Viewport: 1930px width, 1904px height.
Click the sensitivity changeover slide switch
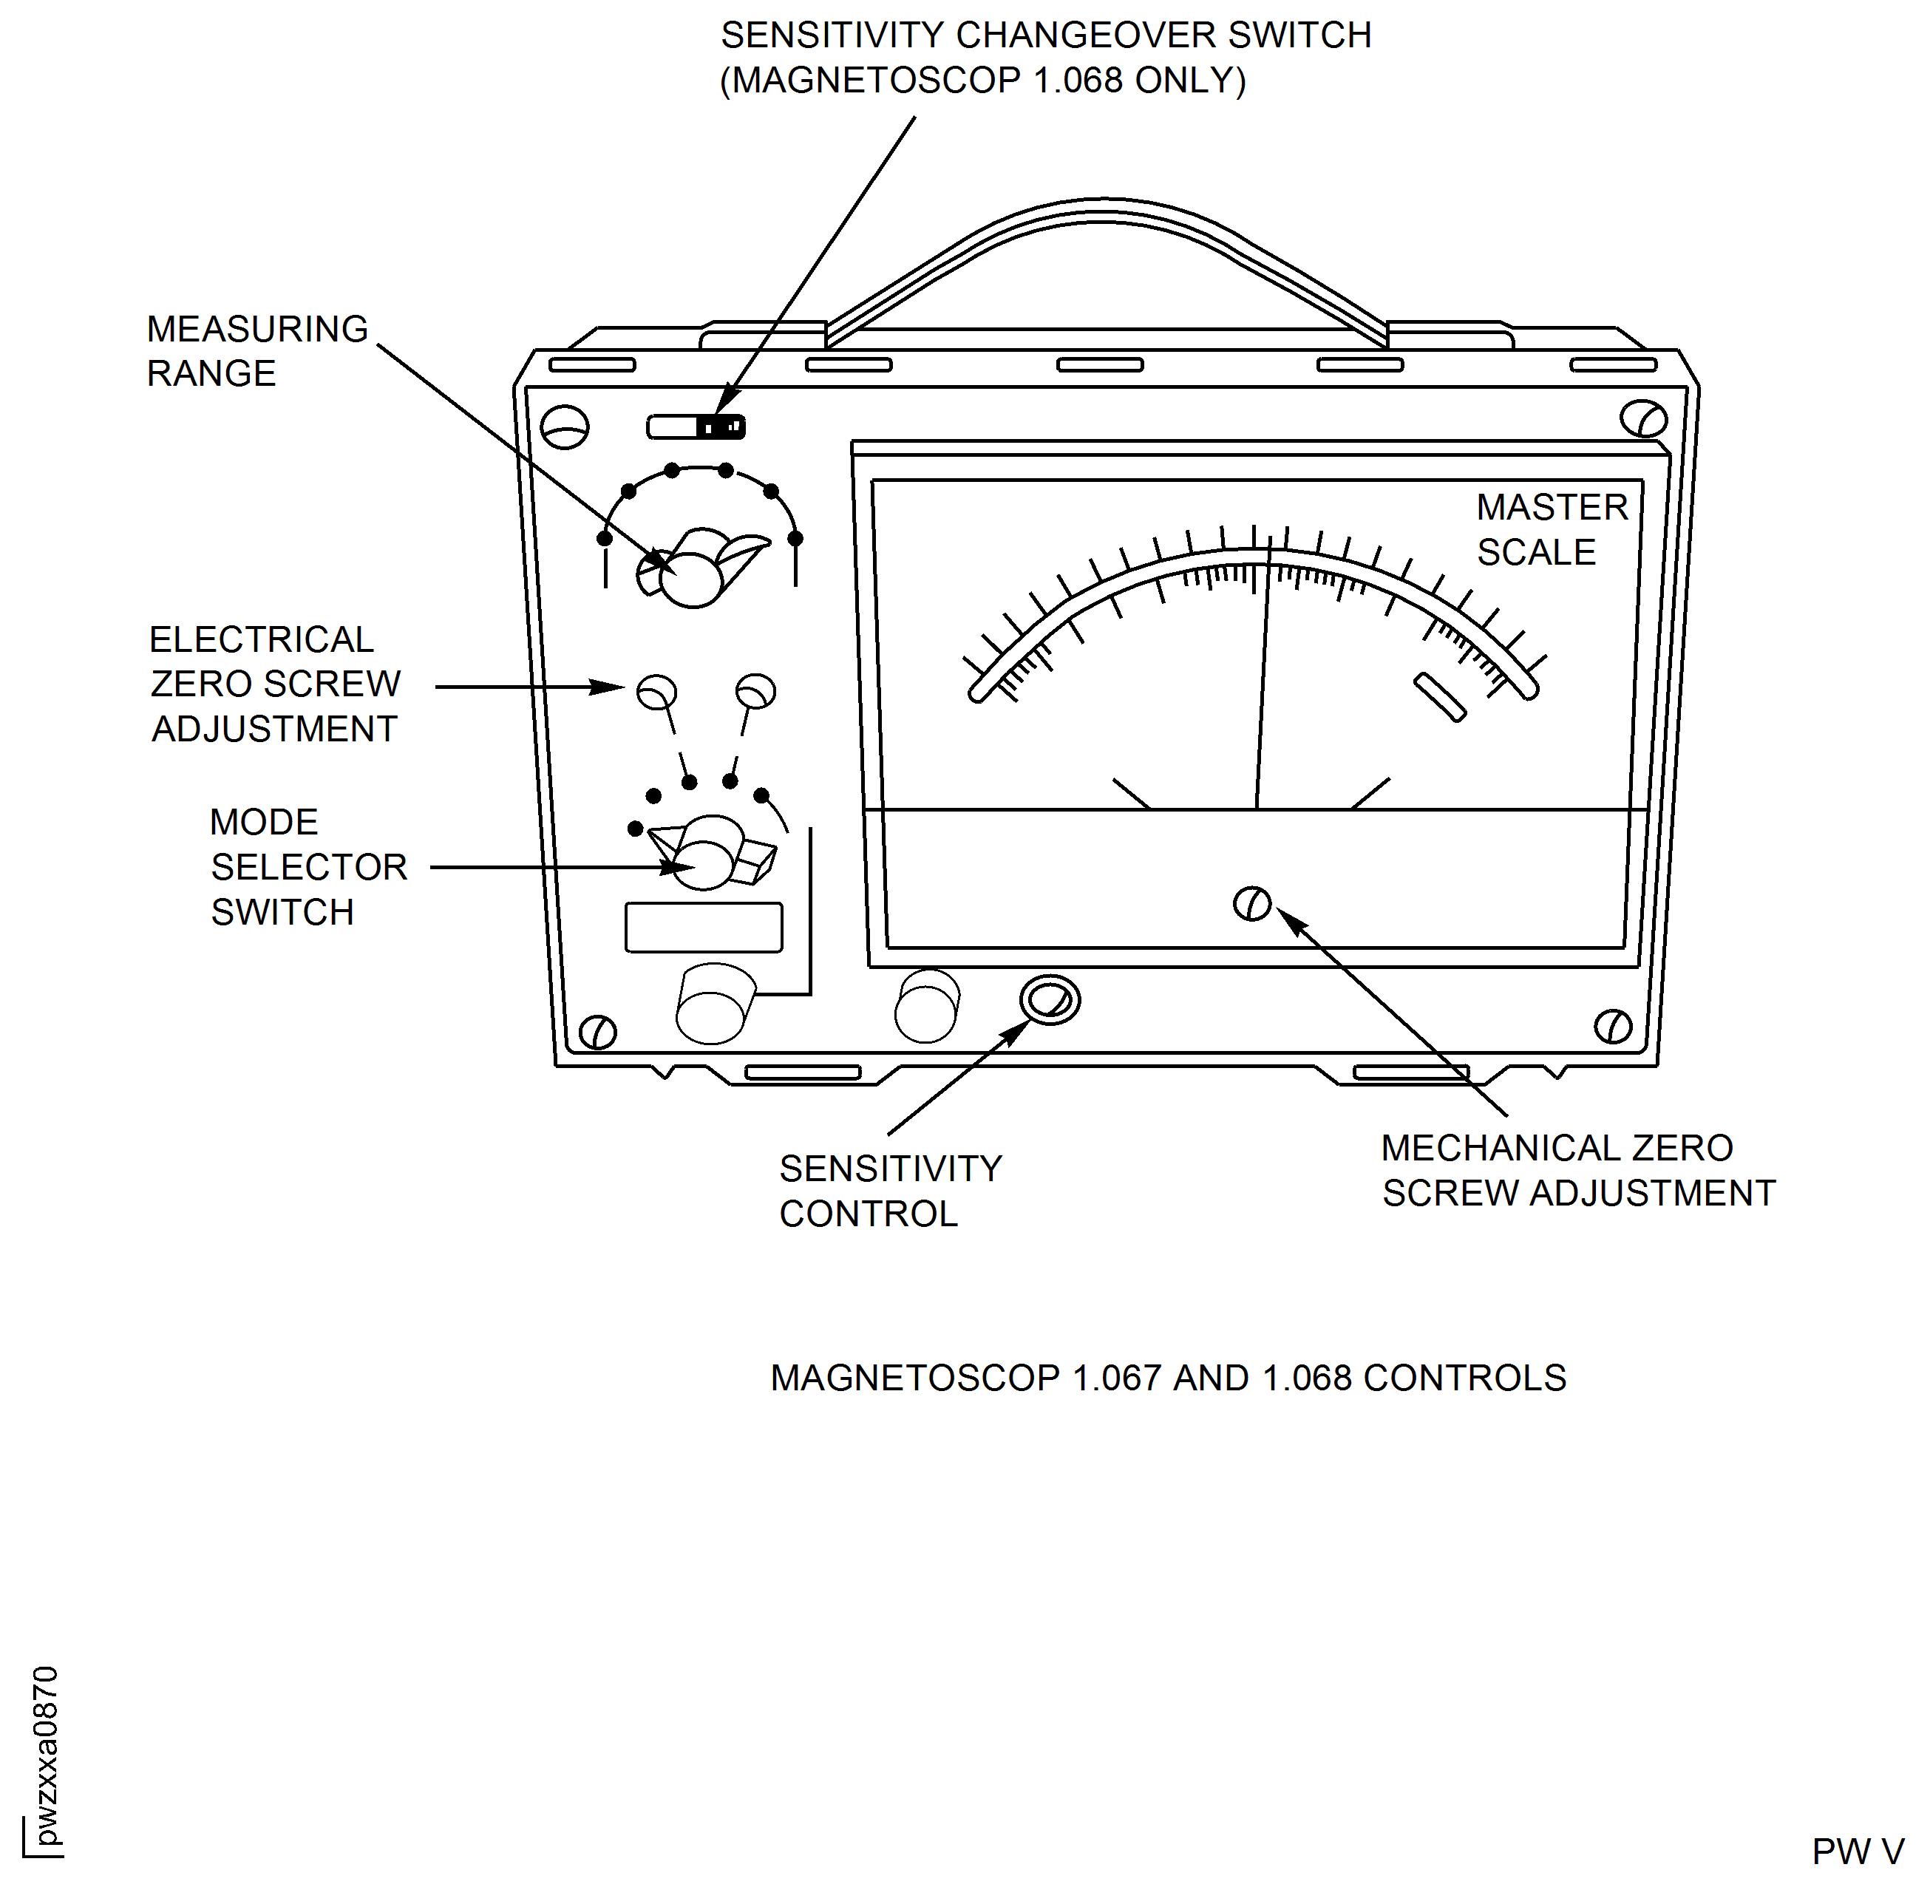(x=696, y=427)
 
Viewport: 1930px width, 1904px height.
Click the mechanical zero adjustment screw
(x=1251, y=904)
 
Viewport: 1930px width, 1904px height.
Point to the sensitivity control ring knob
(x=1050, y=1000)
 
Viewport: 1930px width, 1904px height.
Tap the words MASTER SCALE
(x=1552, y=529)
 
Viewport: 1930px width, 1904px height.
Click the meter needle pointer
(x=1263, y=679)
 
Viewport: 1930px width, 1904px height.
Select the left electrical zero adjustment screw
(x=656, y=691)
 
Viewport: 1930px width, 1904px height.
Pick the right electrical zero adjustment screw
(x=755, y=690)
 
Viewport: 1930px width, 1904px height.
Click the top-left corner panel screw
(x=565, y=427)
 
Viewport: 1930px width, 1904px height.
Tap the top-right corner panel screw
(x=1643, y=418)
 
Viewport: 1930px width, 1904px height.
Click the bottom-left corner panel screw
(x=597, y=1032)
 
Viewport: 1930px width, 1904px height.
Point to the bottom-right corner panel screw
(x=1612, y=1026)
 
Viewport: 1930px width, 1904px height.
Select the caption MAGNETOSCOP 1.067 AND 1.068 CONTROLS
(x=1168, y=1378)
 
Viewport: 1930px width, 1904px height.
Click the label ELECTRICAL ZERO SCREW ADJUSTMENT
(x=275, y=684)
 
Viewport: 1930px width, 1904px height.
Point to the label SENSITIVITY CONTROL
(x=889, y=1191)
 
